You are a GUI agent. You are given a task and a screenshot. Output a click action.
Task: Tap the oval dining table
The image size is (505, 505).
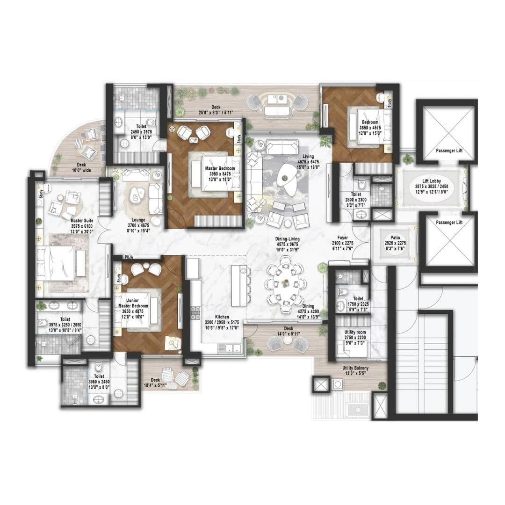[286, 284]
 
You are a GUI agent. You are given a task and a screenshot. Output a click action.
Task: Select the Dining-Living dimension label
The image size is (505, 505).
[288, 245]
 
